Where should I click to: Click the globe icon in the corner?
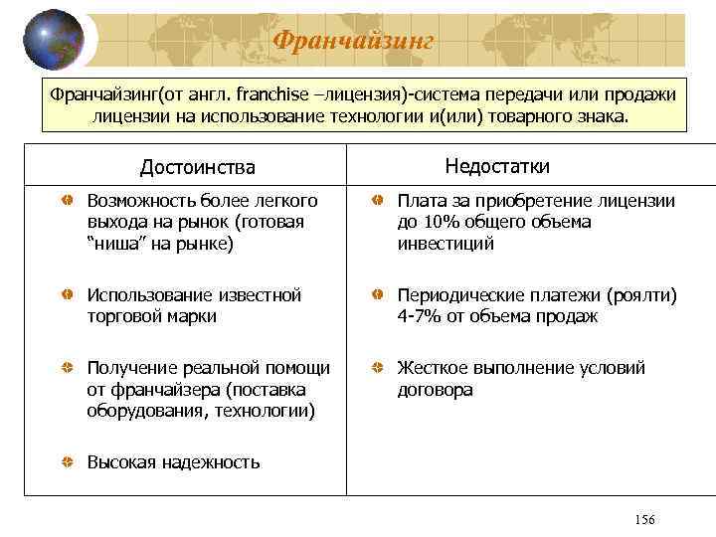click(53, 39)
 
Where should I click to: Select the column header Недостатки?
click(497, 166)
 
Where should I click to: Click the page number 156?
click(644, 521)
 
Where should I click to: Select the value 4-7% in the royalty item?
click(420, 316)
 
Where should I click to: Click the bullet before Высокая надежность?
click(65, 462)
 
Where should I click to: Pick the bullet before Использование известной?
click(65, 296)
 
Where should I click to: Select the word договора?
click(436, 390)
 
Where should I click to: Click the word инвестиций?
click(446, 244)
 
